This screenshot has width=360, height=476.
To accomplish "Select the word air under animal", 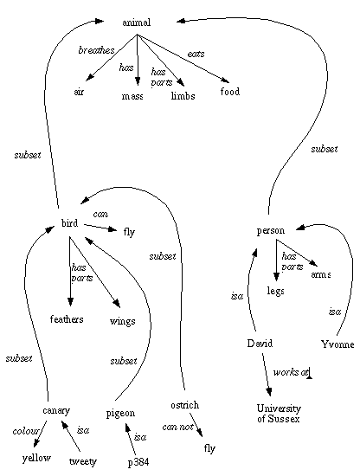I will pos(80,93).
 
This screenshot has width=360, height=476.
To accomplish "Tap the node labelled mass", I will pos(132,95).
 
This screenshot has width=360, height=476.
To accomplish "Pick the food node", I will pos(229,92).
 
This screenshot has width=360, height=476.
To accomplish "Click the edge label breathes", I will pos(96,51).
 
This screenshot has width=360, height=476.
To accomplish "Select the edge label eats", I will pos(197,54).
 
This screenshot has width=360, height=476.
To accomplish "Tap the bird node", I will pos(70,223).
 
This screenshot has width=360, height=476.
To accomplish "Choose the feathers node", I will pos(67,319).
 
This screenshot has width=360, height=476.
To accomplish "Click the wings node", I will pos(122,320).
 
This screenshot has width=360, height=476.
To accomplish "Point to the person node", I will pos(271,230).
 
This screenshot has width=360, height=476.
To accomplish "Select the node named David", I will pos(260,344).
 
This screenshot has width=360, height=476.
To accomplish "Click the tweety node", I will pos(82,460).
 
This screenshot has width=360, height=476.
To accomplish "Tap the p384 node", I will pos(138,460).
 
